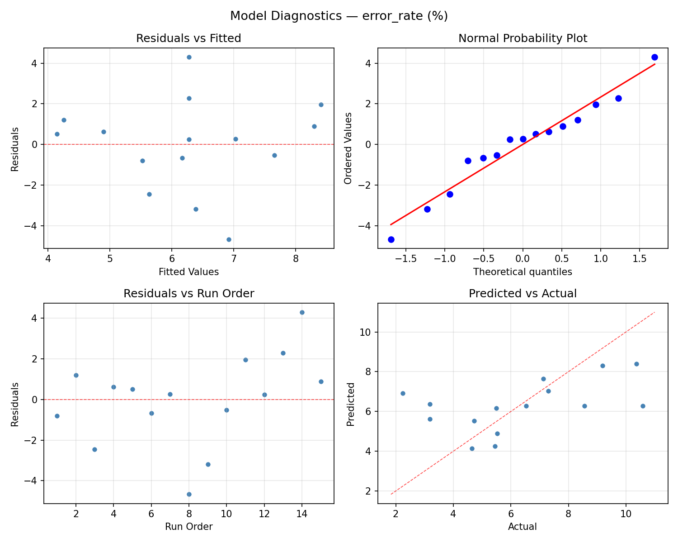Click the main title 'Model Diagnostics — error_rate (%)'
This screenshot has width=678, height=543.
[339, 16]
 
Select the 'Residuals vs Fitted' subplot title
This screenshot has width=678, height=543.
[188, 38]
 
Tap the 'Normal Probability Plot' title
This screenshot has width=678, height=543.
[523, 38]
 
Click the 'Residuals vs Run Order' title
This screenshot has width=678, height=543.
[188, 294]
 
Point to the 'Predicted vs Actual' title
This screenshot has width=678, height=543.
[523, 294]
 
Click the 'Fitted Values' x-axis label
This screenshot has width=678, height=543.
[188, 272]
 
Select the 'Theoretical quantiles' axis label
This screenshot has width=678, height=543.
[523, 272]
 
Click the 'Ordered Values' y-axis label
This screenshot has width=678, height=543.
[348, 148]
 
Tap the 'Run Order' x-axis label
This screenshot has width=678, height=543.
[188, 527]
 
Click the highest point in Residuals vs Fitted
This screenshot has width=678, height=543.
[189, 57]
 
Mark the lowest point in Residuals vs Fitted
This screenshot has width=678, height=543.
[229, 239]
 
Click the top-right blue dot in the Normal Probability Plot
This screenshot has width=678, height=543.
[654, 57]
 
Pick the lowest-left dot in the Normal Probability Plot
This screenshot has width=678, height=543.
[391, 239]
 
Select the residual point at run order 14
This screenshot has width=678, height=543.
[302, 312]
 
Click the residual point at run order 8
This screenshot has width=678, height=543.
[189, 494]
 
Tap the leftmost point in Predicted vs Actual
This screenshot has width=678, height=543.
[403, 393]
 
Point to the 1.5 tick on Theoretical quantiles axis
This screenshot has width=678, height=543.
[639, 261]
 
